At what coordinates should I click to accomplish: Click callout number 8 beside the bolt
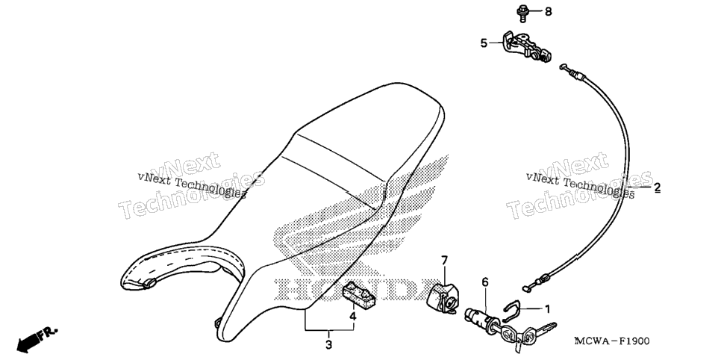click(548, 11)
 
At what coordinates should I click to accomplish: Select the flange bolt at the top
click(523, 12)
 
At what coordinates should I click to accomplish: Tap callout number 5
click(484, 43)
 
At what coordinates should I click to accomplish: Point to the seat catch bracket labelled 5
click(527, 46)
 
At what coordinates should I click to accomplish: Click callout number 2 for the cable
click(657, 187)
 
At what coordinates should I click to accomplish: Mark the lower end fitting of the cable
click(537, 282)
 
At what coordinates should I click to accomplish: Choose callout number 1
click(547, 308)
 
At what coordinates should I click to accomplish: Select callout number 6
click(484, 282)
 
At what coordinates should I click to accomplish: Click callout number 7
click(444, 261)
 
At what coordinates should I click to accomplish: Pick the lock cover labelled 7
click(442, 298)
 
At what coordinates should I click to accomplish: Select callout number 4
click(353, 316)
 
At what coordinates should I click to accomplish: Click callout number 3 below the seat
click(328, 344)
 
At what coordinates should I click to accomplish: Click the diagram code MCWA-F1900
click(611, 341)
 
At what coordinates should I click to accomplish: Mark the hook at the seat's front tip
click(216, 323)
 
